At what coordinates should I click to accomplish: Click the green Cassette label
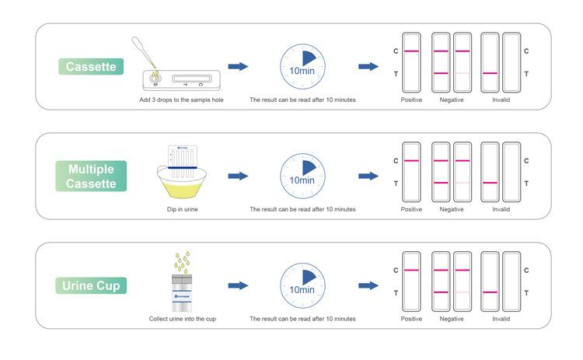[92, 67]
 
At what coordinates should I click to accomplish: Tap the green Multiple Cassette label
[92, 177]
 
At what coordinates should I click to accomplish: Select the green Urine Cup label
[92, 285]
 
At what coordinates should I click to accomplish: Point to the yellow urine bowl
[178, 184]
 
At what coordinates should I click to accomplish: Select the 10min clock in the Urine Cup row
[302, 285]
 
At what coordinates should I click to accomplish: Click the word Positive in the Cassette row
[411, 100]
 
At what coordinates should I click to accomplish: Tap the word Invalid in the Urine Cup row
[501, 319]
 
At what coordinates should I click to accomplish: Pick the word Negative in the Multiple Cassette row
[452, 209]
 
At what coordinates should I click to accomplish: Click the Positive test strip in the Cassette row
[411, 62]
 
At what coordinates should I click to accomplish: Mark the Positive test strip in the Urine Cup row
[411, 281]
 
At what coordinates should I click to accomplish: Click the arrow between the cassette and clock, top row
[238, 67]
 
